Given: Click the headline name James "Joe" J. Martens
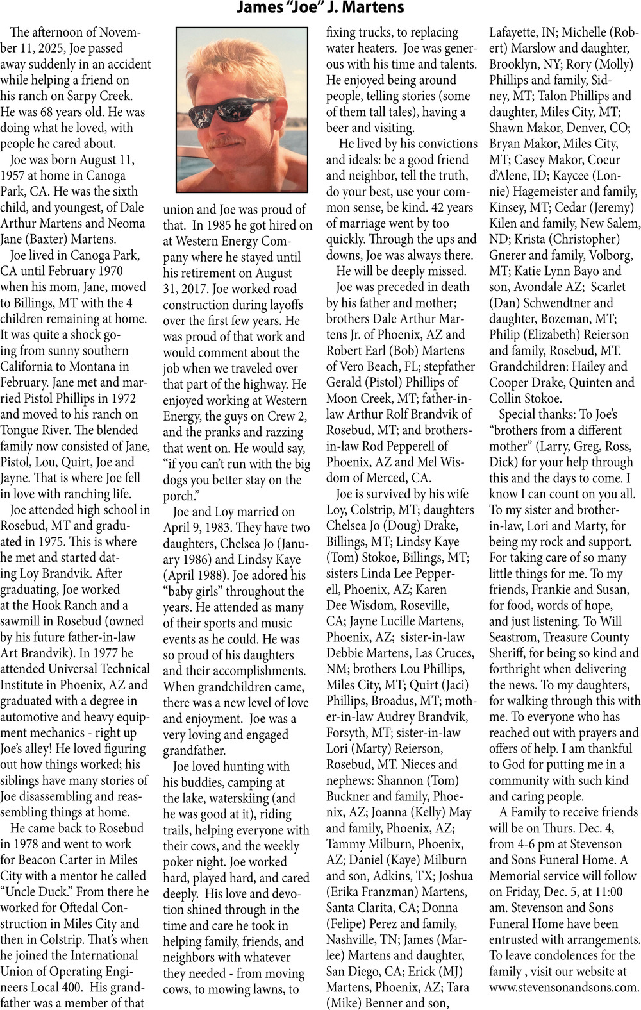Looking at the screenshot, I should tap(320, 8).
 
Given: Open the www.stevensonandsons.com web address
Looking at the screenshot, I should tap(564, 988).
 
